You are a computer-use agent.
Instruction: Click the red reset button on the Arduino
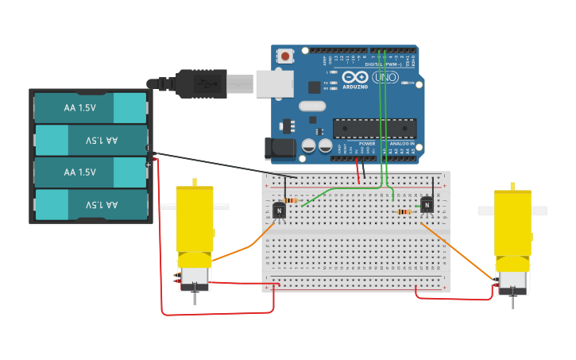pyautogui.click(x=285, y=56)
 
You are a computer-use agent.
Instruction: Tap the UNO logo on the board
pyautogui.click(x=385, y=78)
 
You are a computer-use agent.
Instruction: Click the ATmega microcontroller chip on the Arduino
pyautogui.click(x=374, y=128)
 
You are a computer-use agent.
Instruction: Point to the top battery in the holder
pyautogui.click(x=90, y=108)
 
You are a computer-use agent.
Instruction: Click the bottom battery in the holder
pyautogui.click(x=90, y=205)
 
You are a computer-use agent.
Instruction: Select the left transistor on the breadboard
pyautogui.click(x=279, y=210)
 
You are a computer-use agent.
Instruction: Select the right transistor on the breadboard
pyautogui.click(x=427, y=204)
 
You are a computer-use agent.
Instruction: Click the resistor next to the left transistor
pyautogui.click(x=292, y=200)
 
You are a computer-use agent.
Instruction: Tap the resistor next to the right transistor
pyautogui.click(x=404, y=211)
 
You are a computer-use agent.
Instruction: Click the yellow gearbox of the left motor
pyautogui.click(x=195, y=219)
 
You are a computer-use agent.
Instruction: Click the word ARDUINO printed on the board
pyautogui.click(x=355, y=86)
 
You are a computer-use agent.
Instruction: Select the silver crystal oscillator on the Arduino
pyautogui.click(x=312, y=106)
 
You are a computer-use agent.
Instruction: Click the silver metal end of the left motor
pyautogui.click(x=194, y=277)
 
